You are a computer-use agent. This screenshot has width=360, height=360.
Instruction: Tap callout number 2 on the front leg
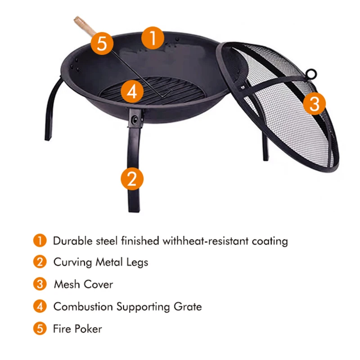coord(132,179)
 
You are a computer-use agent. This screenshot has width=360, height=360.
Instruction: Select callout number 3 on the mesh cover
coord(314,104)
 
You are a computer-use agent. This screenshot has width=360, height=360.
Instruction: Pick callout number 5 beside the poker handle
coord(102,44)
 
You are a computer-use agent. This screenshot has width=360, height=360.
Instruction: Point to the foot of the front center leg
coord(134,208)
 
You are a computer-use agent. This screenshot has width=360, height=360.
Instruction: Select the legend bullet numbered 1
coord(40,241)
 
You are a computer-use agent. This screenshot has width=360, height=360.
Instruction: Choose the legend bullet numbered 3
coord(40,284)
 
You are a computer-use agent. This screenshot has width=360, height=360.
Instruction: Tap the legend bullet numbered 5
coord(40,328)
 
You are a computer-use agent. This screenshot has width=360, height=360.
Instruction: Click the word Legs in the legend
coord(136,262)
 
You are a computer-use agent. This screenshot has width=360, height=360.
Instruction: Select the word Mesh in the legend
coord(67,284)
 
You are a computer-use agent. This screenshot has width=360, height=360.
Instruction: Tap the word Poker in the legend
coord(88,328)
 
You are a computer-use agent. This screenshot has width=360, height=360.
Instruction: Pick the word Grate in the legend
coord(187,307)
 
